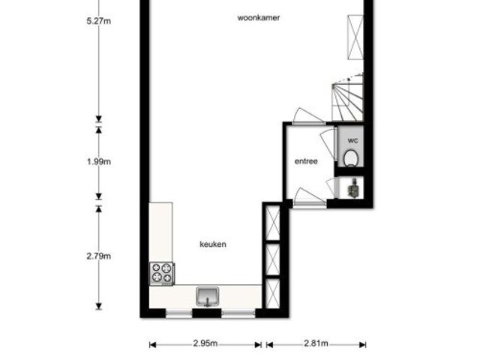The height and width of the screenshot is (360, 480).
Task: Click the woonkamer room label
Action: pos(259,18)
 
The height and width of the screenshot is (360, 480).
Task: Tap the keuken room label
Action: pos(213,244)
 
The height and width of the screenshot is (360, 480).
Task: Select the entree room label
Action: pos(306,161)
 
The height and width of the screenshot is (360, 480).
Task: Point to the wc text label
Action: pos(353,141)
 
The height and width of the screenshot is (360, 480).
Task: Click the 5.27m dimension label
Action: pos(98,21)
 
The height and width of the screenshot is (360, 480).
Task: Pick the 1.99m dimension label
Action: pos(98,162)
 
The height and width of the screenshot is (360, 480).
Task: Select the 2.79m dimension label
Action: pos(98,256)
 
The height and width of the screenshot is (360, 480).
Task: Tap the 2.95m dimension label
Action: pos(205,343)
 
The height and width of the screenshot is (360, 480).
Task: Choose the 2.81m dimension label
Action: pos(316,343)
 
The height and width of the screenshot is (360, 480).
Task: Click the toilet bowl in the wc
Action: pos(351,158)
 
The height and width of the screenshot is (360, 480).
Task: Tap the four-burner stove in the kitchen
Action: pos(162,274)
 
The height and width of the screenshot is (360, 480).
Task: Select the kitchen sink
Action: pos(208,296)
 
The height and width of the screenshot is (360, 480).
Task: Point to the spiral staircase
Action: pos(348,97)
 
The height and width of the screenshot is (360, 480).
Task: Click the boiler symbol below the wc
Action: pos(354,188)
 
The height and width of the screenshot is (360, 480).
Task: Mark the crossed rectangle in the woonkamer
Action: pos(355,37)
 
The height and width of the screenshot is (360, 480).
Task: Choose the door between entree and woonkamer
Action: pos(308,117)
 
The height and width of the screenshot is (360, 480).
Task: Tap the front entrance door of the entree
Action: pos(310,196)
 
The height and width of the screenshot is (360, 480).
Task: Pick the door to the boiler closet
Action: pos(331,187)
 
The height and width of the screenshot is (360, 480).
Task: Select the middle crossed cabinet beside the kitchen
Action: pos(272,259)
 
